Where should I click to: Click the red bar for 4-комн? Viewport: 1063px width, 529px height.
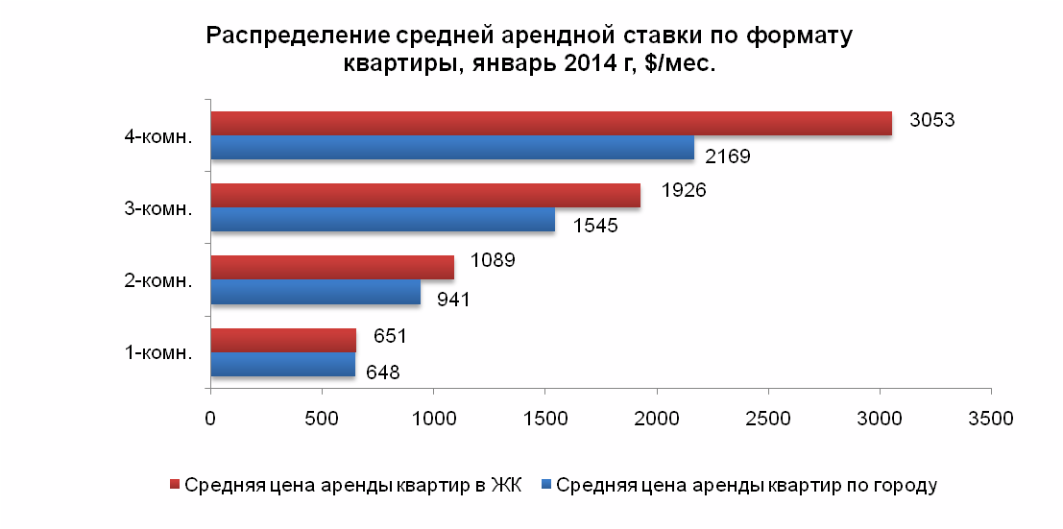[550, 124]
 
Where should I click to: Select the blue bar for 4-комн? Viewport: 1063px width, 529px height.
[451, 148]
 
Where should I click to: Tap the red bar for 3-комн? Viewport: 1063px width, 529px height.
[424, 196]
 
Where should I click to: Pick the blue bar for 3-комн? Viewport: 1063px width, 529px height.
[382, 220]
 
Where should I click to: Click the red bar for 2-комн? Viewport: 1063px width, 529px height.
[331, 268]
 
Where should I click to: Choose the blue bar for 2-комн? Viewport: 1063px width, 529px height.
[315, 292]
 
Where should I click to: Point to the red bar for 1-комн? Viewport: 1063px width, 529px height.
[282, 340]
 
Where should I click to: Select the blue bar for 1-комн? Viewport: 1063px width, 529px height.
[282, 365]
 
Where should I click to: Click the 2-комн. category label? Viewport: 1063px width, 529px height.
[159, 280]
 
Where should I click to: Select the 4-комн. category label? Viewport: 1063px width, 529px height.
[159, 136]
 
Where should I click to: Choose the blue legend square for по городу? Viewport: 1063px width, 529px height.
[544, 484]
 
